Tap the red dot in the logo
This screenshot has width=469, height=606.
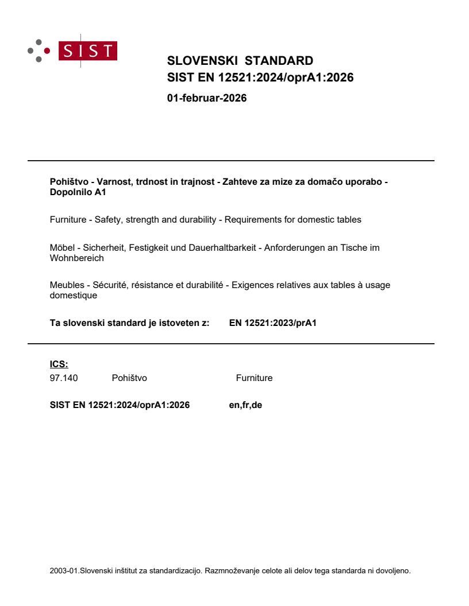tap(47, 50)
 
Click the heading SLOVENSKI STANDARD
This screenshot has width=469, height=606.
tap(240, 61)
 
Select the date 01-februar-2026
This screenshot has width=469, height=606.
tap(206, 98)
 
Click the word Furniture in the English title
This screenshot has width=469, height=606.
tap(70, 219)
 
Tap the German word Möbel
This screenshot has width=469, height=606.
tap(62, 247)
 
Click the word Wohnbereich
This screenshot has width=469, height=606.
tap(76, 258)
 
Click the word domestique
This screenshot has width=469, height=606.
tap(74, 296)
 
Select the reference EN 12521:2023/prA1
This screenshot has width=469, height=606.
tap(272, 323)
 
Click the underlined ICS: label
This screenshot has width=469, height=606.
tap(59, 364)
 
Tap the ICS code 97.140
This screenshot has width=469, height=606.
tap(64, 378)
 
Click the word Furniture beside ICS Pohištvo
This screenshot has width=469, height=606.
tap(254, 378)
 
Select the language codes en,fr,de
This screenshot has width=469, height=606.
tap(245, 405)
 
